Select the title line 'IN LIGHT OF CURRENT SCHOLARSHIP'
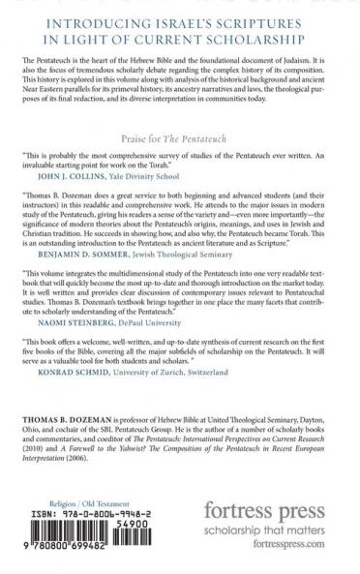pos(179,45)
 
